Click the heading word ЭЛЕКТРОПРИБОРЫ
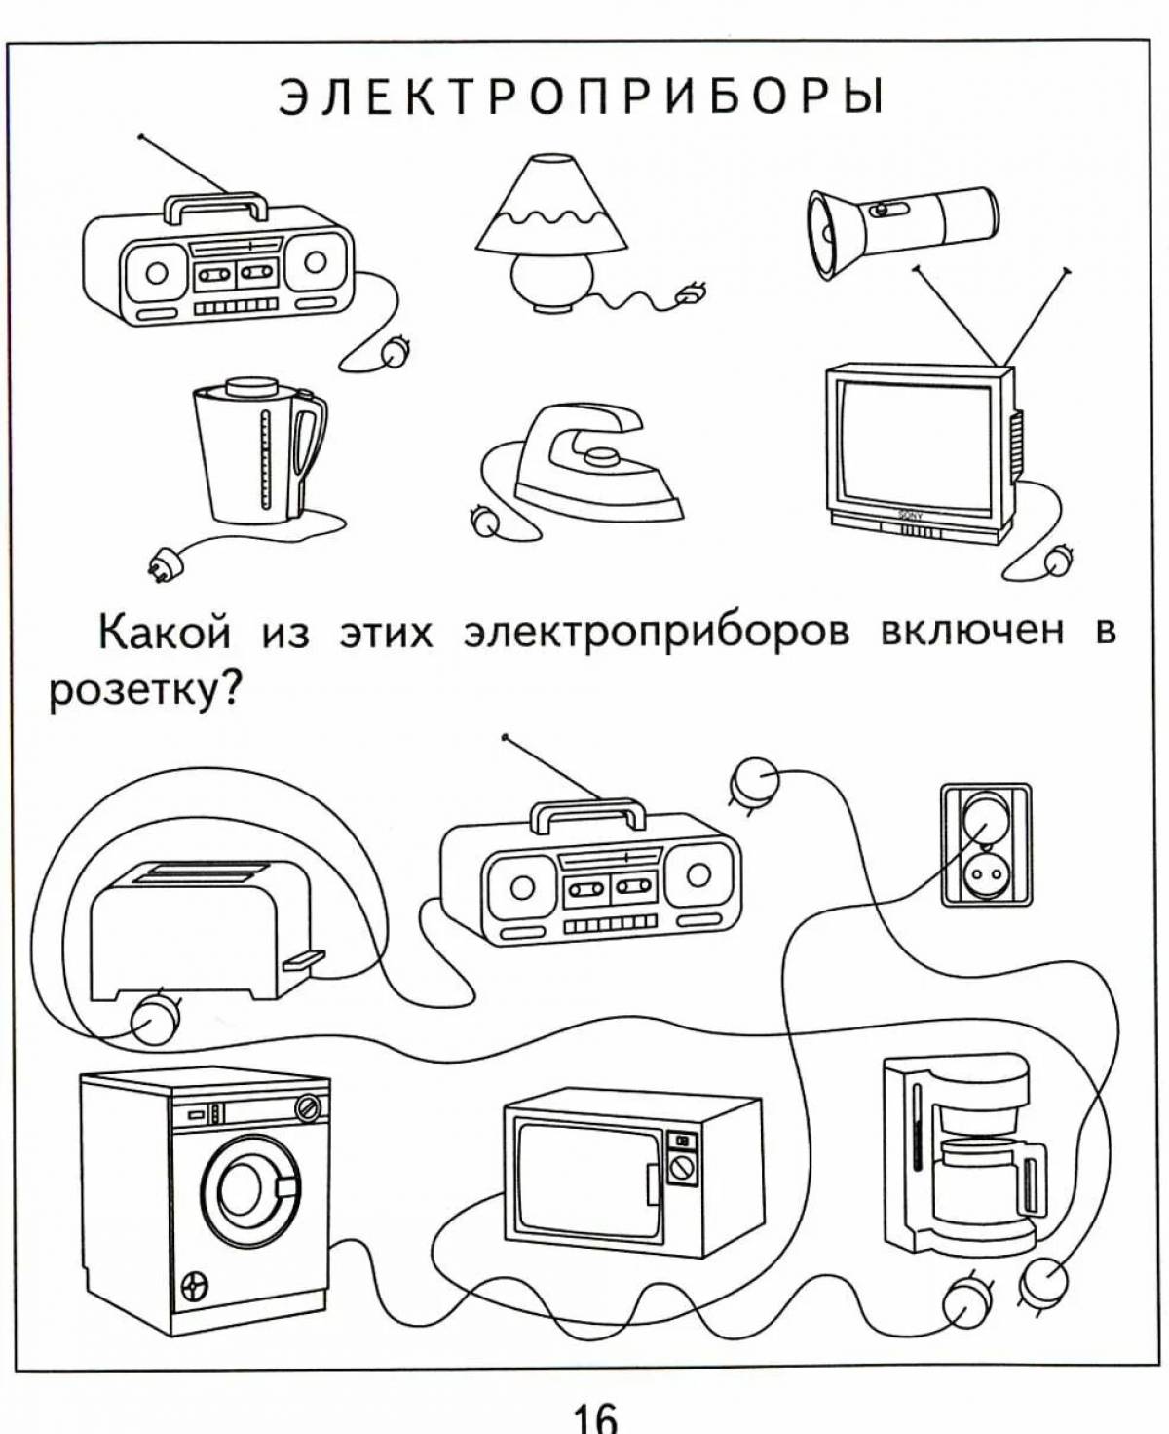[582, 97]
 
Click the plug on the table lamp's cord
[694, 292]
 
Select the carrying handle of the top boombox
[216, 206]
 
